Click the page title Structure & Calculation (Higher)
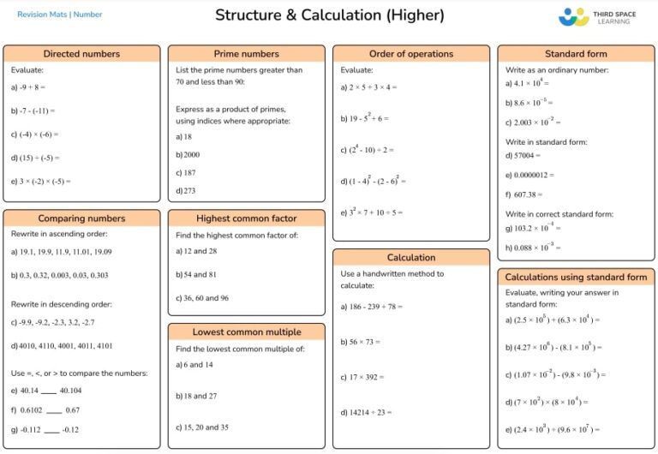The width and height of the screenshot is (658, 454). click(329, 15)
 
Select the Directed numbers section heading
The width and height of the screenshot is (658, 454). click(81, 54)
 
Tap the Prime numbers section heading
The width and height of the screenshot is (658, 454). click(246, 54)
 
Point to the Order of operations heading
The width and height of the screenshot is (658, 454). click(411, 54)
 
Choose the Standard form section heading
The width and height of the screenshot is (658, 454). click(576, 54)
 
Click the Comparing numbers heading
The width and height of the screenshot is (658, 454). click(81, 218)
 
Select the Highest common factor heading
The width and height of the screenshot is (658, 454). click(246, 218)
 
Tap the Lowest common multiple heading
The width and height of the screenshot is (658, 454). click(246, 332)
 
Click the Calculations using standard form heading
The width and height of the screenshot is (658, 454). click(576, 278)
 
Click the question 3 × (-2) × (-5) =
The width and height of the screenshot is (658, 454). click(41, 182)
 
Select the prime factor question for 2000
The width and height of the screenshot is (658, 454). click(188, 154)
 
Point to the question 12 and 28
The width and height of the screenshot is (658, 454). click(196, 251)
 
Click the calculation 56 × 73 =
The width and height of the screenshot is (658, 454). click(360, 342)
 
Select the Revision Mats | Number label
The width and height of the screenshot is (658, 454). click(60, 15)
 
